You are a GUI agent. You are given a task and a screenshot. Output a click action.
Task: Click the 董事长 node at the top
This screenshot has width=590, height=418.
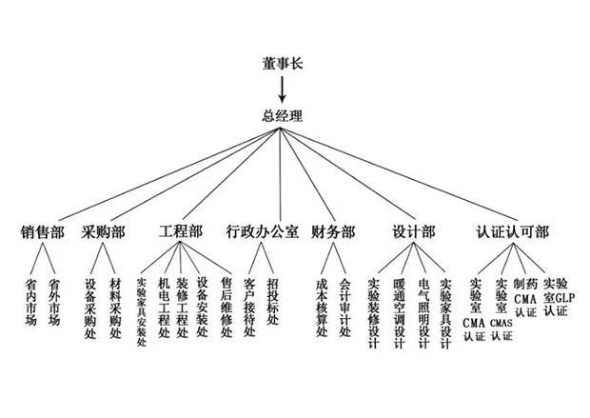tap(282, 65)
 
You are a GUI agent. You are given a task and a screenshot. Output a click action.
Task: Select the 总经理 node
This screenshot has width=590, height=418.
tap(282, 116)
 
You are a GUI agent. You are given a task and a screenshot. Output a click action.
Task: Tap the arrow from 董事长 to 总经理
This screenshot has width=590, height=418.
tap(282, 90)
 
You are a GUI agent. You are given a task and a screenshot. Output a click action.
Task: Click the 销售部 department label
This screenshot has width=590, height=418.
tap(43, 231)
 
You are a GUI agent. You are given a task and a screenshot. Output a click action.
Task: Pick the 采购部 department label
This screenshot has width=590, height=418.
tap(104, 231)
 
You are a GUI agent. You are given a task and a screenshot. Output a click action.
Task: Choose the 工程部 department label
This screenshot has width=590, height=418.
tap(181, 231)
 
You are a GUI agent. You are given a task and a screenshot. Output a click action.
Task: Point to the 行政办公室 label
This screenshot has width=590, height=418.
tap(262, 231)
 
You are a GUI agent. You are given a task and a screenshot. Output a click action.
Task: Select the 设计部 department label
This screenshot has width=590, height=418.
tap(413, 231)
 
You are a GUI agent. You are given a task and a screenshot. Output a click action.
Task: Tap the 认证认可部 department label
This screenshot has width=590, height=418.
tap(511, 231)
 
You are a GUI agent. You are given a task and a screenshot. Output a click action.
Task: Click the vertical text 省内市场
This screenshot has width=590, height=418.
tap(31, 303)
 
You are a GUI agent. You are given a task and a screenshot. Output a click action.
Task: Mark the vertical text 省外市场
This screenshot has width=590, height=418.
tap(54, 303)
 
